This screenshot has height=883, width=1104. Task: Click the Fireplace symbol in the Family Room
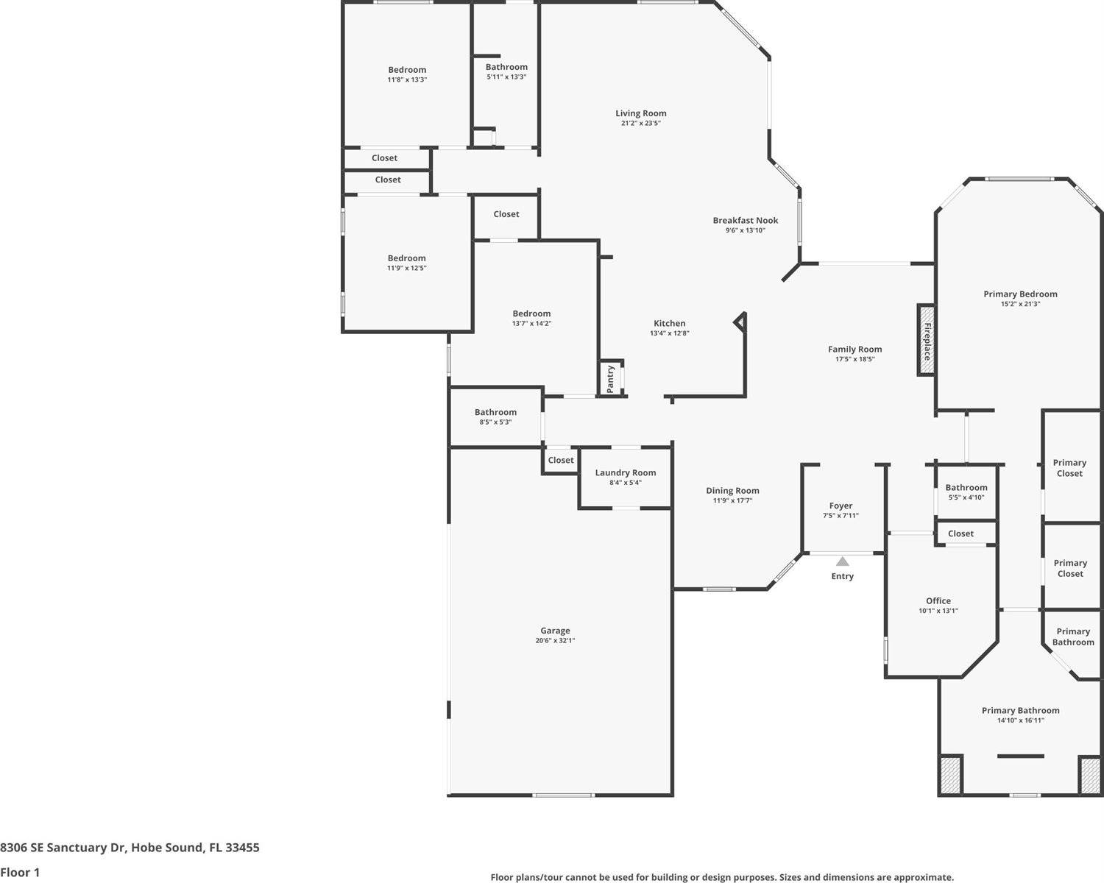926,341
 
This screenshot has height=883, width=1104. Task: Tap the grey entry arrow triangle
842,561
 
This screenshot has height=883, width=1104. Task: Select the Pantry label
610,379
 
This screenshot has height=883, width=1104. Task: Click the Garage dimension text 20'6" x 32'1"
555,641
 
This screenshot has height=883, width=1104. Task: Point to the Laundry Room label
625,473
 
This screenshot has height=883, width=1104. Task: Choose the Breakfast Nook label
745,220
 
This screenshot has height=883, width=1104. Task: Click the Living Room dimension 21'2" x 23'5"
640,123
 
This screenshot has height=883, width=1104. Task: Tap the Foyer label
841,506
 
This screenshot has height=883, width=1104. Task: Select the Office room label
938,600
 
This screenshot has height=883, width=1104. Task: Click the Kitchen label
669,323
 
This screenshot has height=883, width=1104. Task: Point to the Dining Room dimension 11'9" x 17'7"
732,500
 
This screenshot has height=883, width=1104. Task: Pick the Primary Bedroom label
1020,294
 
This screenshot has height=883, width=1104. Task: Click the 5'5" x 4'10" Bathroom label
966,487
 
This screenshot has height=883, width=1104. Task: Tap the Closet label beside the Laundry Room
560,460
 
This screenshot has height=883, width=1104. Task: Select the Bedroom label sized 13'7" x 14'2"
531,313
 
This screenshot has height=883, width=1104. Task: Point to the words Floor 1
20,872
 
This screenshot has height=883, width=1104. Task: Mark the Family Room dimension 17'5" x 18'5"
854,359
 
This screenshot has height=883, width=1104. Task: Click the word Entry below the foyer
842,576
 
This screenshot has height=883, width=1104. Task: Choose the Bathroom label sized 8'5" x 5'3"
495,412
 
